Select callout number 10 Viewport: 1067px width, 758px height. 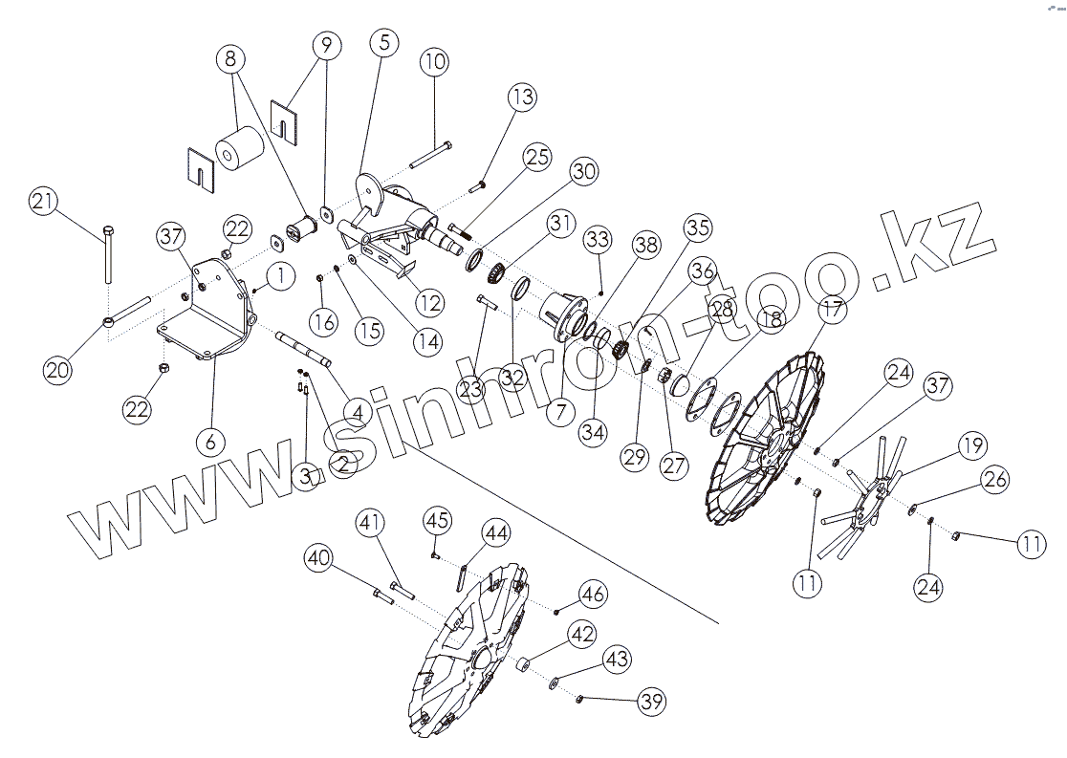click(433, 64)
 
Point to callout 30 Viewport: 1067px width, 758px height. click(583, 171)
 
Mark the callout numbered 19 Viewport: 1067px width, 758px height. click(972, 445)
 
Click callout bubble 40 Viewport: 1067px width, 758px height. click(320, 557)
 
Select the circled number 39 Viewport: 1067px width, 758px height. click(652, 702)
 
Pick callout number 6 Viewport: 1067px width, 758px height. click(210, 442)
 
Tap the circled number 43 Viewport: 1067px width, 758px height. click(616, 660)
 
